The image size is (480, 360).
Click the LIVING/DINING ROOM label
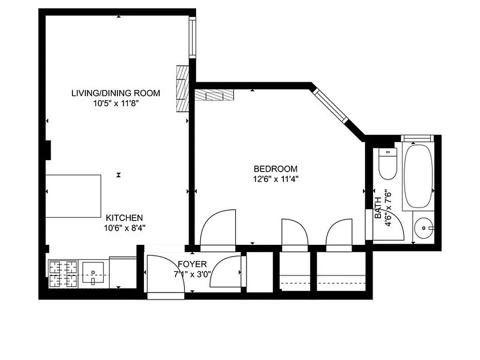pyautogui.click(x=116, y=93)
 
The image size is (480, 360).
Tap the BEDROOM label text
pyautogui.click(x=275, y=169)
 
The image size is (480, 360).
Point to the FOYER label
pyautogui.click(x=192, y=264)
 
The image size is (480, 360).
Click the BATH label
pyautogui.click(x=378, y=208)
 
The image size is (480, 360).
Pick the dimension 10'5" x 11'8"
pyautogui.click(x=116, y=103)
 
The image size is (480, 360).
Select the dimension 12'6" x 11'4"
pyautogui.click(x=275, y=179)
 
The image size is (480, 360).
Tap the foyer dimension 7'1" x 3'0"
pyautogui.click(x=192, y=274)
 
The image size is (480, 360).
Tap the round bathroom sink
pyautogui.click(x=423, y=228)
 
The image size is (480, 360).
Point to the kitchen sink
pyautogui.click(x=94, y=274)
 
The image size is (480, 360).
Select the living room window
pyautogui.click(x=192, y=36)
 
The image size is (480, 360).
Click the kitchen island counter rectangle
pyautogui.click(x=73, y=196)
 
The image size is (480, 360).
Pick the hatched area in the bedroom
pyautogui.click(x=214, y=95)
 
